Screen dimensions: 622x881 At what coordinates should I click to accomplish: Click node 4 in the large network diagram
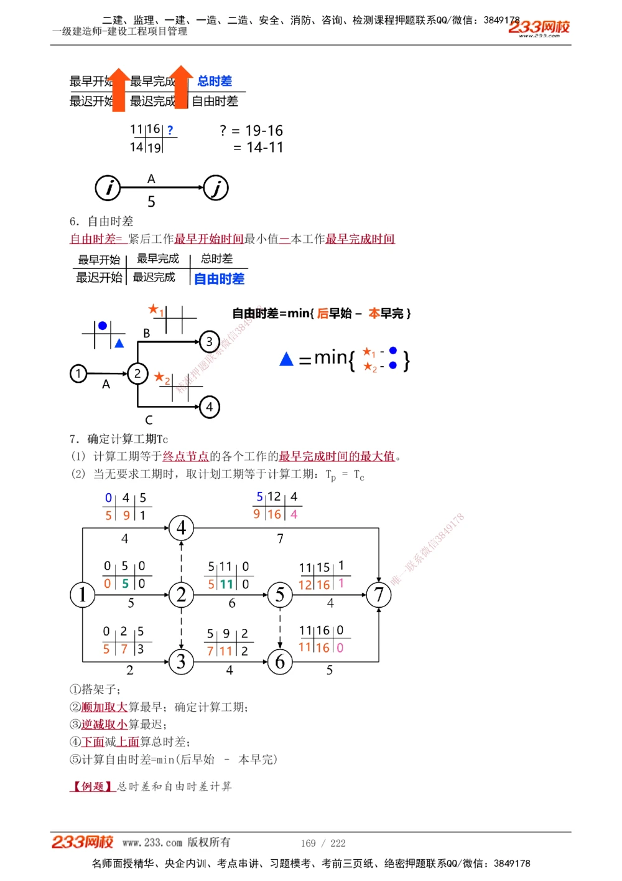pos(181,528)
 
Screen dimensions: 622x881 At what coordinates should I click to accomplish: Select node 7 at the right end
pos(379,595)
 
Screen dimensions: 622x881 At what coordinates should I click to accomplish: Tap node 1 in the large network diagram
pos(82,595)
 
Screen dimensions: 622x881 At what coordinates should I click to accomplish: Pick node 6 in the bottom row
pos(280,661)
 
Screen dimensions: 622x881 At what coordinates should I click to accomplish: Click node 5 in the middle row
pos(280,595)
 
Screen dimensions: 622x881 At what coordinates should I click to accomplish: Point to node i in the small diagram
pos(108,187)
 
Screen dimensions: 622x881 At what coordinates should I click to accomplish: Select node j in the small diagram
pos(216,187)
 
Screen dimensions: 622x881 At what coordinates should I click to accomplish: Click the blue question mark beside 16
pos(170,130)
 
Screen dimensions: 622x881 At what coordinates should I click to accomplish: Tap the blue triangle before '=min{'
pos(286,359)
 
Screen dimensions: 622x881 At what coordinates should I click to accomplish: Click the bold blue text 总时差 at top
pos(215,81)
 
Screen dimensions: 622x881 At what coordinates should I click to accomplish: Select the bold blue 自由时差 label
pos(219,278)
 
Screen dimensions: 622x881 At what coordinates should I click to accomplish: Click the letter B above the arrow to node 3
pos(147,333)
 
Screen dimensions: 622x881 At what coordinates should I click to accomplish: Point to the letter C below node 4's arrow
pos(149,420)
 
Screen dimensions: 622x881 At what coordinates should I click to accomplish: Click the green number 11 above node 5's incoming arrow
pos(226,584)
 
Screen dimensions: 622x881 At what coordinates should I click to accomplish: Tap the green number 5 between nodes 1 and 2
pos(125,583)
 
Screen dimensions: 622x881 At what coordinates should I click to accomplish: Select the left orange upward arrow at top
pos(119,89)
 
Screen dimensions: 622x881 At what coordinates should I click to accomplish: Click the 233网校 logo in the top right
pos(539,27)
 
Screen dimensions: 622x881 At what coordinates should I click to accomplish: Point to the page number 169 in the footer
pos(309,843)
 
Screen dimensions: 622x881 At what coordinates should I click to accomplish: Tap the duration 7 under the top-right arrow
pos(281,539)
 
